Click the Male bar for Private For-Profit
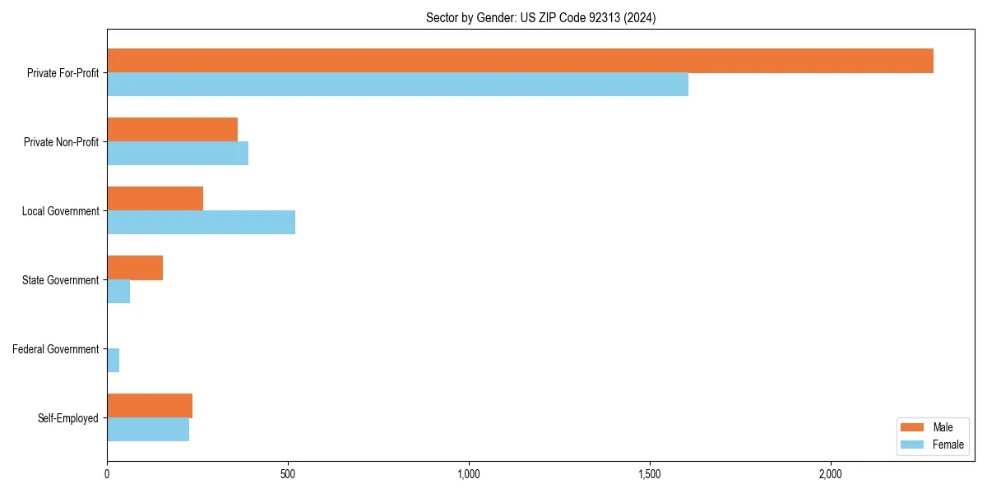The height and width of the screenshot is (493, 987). click(520, 61)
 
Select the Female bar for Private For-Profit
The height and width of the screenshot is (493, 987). click(397, 85)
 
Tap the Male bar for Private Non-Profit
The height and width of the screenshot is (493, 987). click(172, 130)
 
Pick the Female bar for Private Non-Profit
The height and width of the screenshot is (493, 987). click(178, 154)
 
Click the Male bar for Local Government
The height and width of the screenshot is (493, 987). click(155, 199)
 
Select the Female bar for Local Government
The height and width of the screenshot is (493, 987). click(201, 223)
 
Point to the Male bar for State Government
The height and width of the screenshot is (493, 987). click(135, 268)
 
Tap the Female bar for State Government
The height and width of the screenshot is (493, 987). click(118, 292)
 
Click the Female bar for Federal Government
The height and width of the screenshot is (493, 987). click(114, 361)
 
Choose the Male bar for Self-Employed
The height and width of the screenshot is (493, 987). click(150, 406)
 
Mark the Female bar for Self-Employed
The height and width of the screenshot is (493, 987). click(148, 430)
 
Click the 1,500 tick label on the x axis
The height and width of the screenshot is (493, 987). click(650, 474)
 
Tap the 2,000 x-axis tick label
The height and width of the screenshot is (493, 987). click(831, 474)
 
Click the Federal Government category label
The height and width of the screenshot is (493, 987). click(56, 349)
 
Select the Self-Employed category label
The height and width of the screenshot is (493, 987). click(68, 418)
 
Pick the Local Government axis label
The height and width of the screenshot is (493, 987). click(61, 211)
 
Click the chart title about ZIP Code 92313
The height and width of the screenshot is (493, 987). click(540, 17)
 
